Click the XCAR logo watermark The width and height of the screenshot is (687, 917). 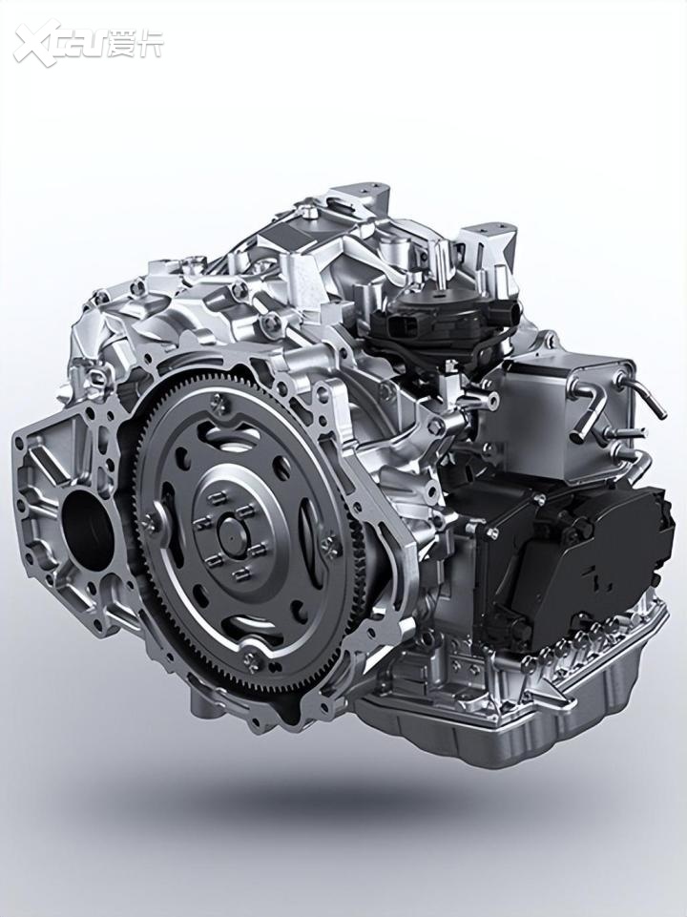(x=89, y=43)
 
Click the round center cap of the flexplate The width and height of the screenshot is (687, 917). (x=233, y=534)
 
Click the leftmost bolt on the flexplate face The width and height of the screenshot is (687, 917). (x=150, y=522)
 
